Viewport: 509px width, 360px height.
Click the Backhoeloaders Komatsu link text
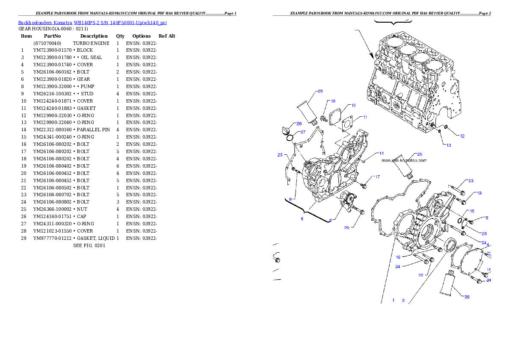92,22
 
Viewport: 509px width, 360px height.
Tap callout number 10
353,105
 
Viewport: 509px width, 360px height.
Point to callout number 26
299,124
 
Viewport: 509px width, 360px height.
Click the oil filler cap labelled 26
285,130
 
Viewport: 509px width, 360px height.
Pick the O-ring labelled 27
290,138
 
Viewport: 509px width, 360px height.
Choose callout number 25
280,154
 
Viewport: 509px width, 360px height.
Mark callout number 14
381,153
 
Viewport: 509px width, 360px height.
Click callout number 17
377,177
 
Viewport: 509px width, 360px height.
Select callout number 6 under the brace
302,218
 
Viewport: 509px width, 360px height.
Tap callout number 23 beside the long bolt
471,181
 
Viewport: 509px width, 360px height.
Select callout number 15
472,211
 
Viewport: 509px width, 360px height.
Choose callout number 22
421,275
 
